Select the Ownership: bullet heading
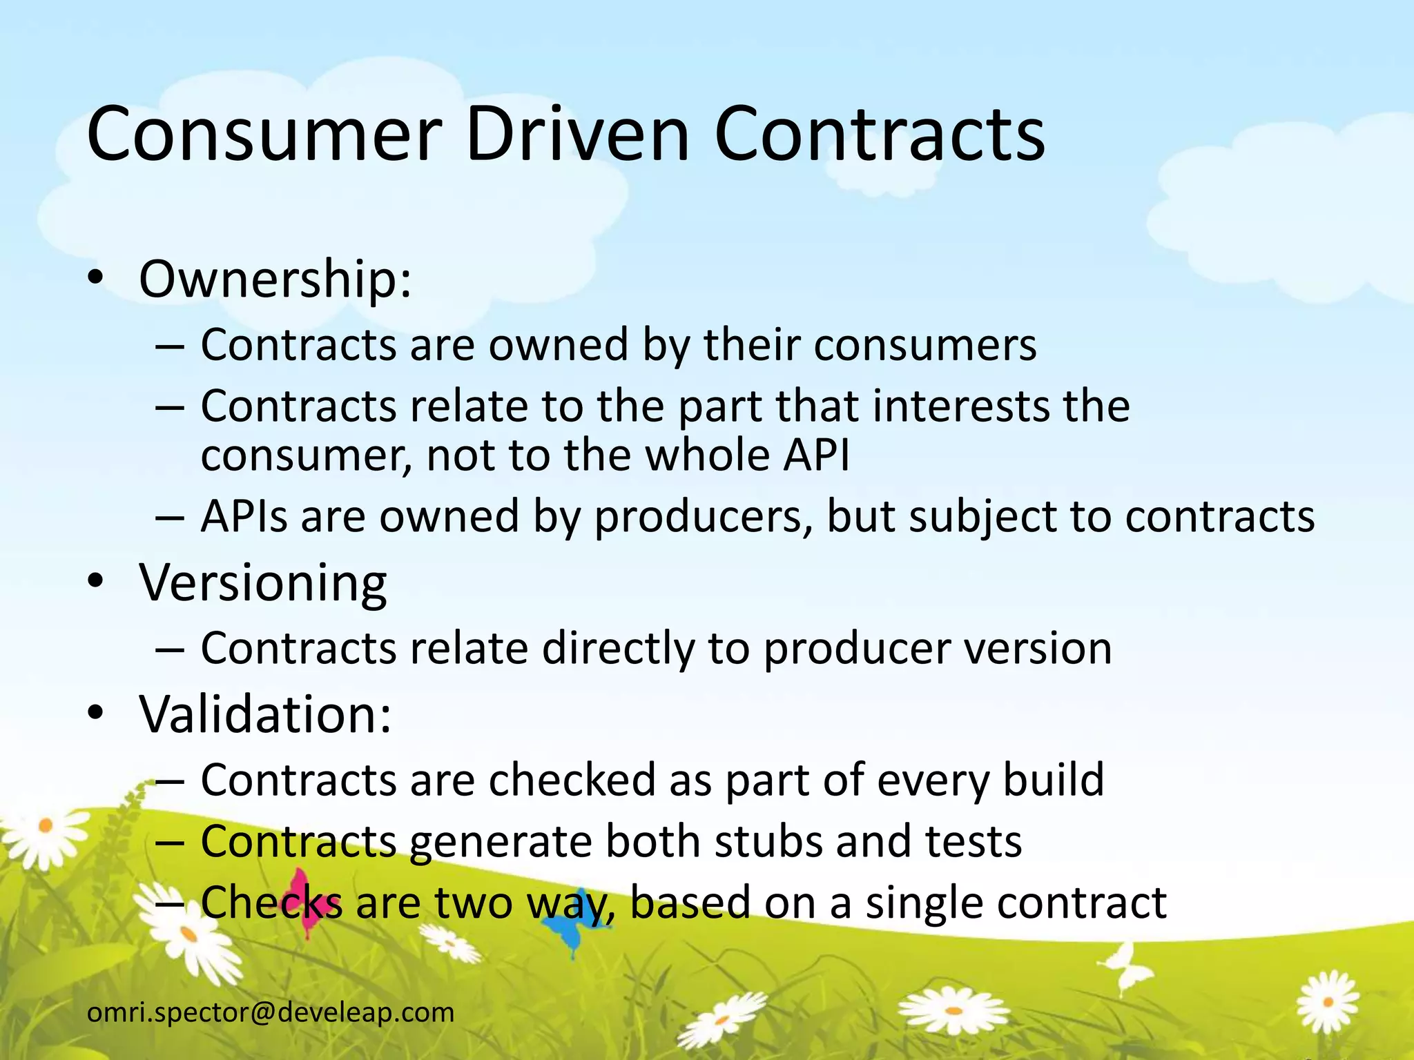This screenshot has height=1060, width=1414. coord(275,279)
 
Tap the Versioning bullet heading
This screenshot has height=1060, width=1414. coord(263,583)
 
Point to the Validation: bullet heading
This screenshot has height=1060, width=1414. coord(265,714)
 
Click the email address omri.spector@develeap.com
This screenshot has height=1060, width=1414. coord(271,1012)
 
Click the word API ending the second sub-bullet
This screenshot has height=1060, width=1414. coord(816,455)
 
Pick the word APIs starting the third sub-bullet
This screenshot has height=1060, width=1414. coord(244,516)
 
